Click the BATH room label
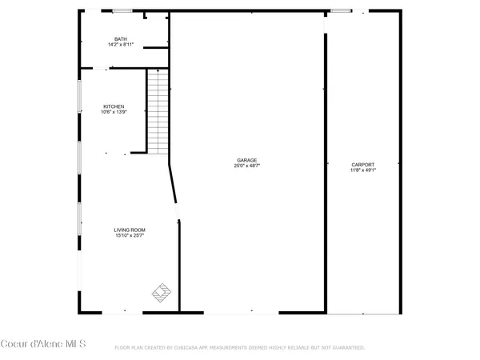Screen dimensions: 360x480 pos(120,39)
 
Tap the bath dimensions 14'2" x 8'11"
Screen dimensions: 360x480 pos(120,45)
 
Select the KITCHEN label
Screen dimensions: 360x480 pos(113,106)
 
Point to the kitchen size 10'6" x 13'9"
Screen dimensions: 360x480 pos(113,112)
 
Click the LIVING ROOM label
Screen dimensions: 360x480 pos(129,230)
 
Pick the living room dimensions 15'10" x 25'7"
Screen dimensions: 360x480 pos(129,235)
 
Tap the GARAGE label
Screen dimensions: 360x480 pos(246,160)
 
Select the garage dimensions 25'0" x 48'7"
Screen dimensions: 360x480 pos(246,166)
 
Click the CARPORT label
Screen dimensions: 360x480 pos(362,164)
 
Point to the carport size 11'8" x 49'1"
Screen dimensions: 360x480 pos(362,170)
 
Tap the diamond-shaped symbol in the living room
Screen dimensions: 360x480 pos(162,292)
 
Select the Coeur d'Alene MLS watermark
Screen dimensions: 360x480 pos(43,345)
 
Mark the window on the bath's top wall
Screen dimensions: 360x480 pos(122,11)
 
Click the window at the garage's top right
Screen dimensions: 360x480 pos(341,11)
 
